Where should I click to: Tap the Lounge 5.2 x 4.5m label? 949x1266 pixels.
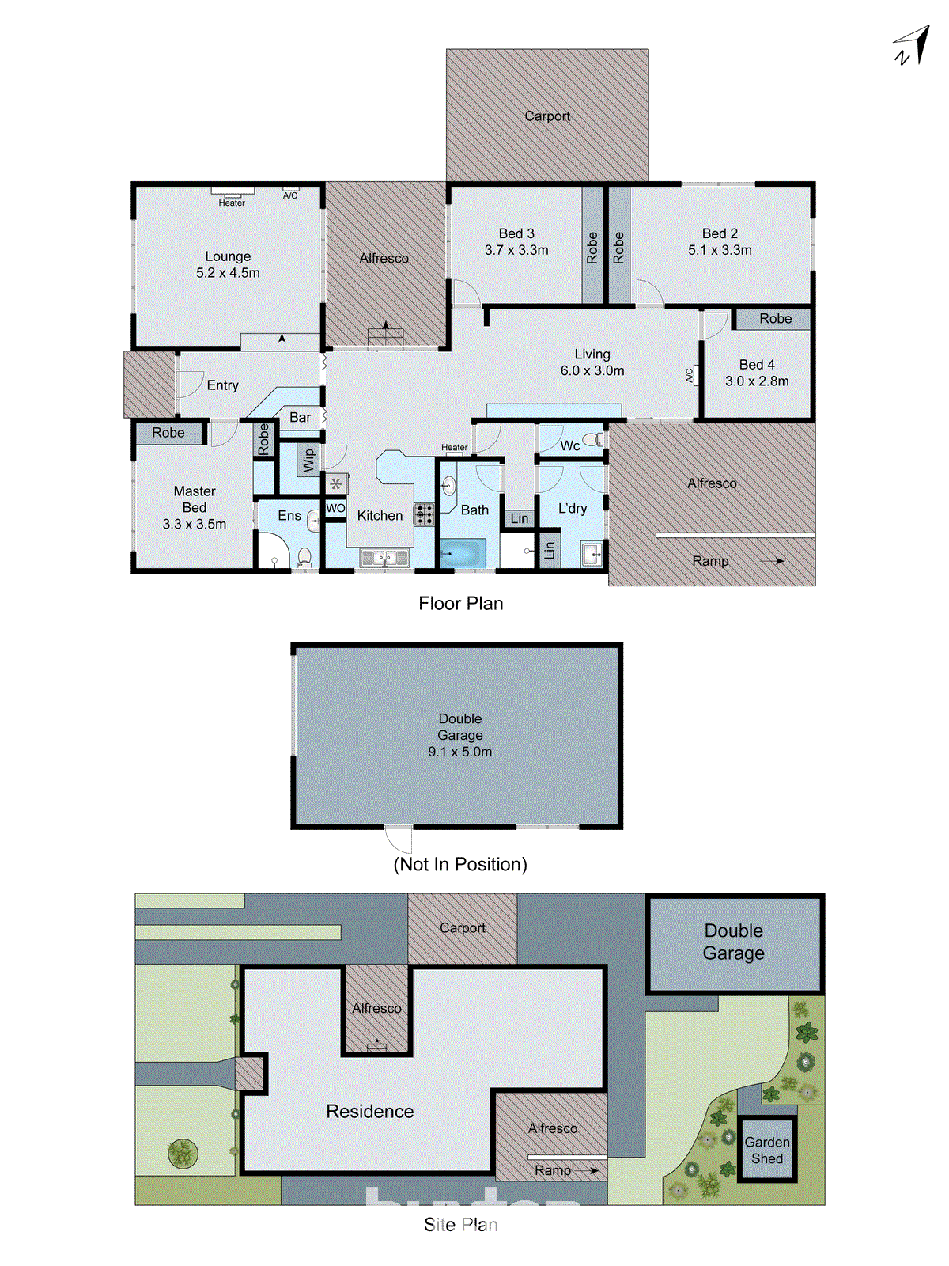pos(228,264)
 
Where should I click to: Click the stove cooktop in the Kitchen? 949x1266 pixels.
pos(424,515)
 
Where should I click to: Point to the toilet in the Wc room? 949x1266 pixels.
pos(592,440)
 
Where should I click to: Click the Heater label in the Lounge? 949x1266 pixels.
pos(232,203)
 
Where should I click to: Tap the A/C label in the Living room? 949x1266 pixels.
pos(689,375)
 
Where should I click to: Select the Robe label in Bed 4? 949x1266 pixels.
pos(775,319)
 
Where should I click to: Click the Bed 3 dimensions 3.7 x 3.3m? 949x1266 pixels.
pos(516,250)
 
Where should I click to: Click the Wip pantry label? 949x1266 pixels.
pos(308,460)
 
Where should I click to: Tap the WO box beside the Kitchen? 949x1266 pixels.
pos(335,509)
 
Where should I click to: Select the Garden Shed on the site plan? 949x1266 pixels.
pos(766,1150)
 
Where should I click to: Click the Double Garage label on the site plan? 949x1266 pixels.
pos(733,942)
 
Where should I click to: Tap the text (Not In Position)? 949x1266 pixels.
pos(460,864)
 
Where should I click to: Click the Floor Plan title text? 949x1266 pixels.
pos(460,604)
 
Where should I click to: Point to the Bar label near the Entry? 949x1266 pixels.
pos(300,417)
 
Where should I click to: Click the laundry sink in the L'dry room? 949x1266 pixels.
pos(592,553)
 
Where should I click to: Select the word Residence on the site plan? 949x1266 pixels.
pos(369,1112)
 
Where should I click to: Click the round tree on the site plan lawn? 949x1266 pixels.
pos(183,1153)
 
